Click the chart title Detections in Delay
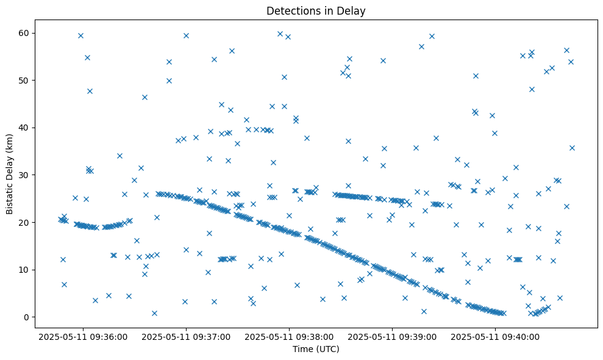(x=316, y=10)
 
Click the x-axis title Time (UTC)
(x=316, y=349)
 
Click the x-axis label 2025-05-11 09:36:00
(x=84, y=336)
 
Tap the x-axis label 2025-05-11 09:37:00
(x=187, y=336)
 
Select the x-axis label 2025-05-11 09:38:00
(x=290, y=336)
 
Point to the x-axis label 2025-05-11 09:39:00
(x=393, y=336)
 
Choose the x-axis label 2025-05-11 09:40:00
(x=495, y=336)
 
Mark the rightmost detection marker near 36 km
(x=572, y=148)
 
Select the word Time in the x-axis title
(x=303, y=349)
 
